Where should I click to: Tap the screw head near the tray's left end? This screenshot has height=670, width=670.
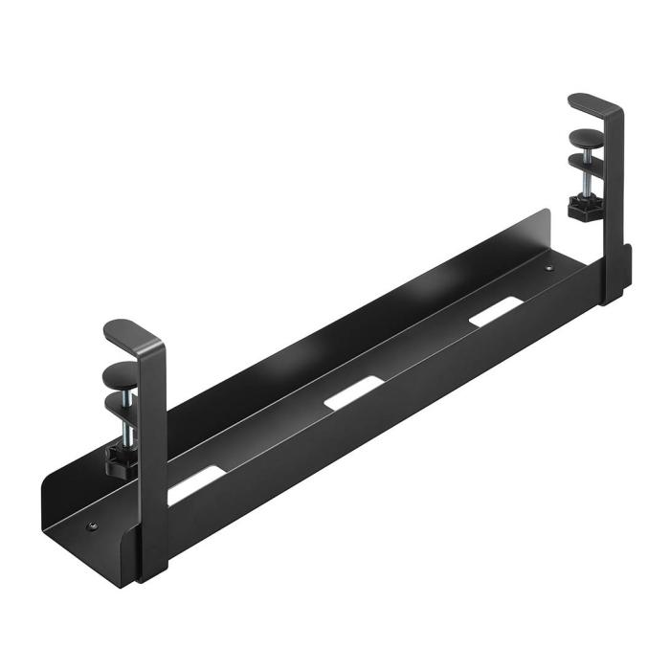coord(92,525)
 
